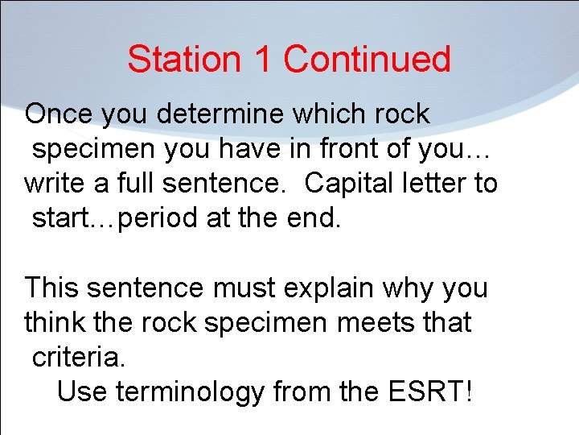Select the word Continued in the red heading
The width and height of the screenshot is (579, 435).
(367, 60)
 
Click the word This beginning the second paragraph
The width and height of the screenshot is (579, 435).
(52, 288)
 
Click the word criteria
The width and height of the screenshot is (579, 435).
(79, 357)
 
